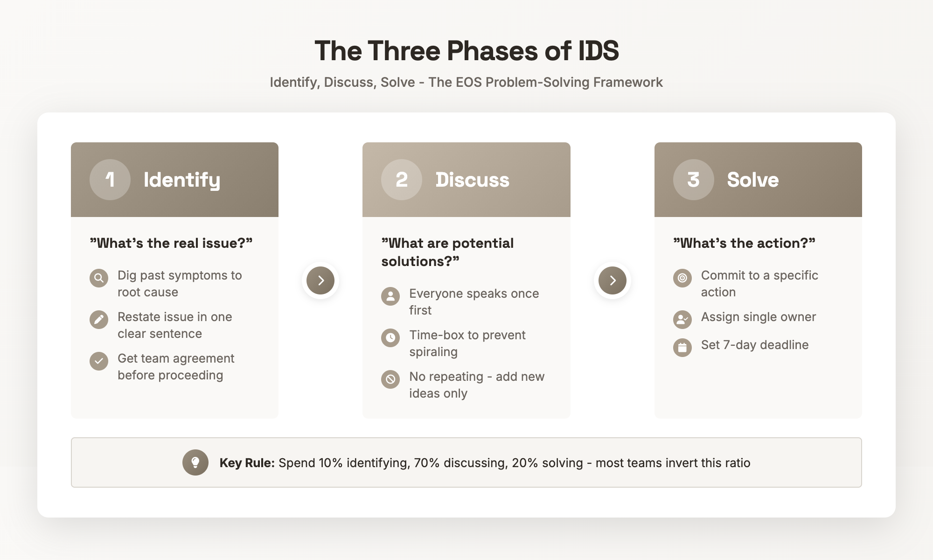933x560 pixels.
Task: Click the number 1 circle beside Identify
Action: tap(110, 180)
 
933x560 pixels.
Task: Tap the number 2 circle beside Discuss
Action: tap(402, 180)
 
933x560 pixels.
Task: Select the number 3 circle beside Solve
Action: tap(693, 180)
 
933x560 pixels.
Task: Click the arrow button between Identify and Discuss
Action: tap(320, 280)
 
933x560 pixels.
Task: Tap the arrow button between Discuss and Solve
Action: tap(613, 280)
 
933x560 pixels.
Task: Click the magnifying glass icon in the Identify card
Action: tap(99, 278)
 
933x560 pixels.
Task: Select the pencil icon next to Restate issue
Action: tap(99, 320)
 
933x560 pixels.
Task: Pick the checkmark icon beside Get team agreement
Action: tap(99, 361)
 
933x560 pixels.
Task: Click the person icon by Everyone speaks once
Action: tap(390, 296)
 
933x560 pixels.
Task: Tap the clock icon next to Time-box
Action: tap(390, 338)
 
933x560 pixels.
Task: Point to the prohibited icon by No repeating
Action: tap(390, 379)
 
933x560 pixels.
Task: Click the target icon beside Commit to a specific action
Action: tap(682, 278)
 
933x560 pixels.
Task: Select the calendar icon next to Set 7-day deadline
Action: tap(682, 348)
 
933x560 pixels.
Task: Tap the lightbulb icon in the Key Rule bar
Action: tap(195, 462)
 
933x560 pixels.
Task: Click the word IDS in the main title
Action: tap(598, 51)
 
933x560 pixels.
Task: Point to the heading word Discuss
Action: tap(472, 180)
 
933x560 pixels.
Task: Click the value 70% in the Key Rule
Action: tap(426, 463)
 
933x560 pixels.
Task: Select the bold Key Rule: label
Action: tap(247, 463)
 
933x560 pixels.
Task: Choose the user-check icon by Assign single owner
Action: tap(682, 320)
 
